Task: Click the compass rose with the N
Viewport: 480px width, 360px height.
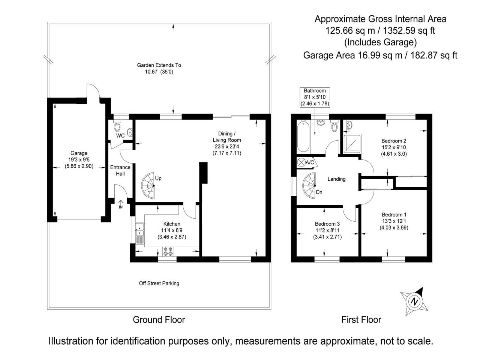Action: click(x=414, y=301)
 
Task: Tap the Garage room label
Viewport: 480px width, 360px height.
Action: click(x=79, y=153)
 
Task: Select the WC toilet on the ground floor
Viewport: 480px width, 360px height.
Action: click(x=117, y=126)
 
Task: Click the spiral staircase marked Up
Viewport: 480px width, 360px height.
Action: click(x=148, y=186)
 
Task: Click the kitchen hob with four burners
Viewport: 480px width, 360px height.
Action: click(x=168, y=251)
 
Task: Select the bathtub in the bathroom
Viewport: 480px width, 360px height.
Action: click(x=303, y=136)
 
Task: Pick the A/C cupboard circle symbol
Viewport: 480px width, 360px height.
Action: click(x=301, y=162)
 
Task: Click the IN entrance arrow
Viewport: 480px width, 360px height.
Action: click(x=121, y=204)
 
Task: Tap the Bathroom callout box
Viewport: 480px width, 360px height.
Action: click(x=315, y=97)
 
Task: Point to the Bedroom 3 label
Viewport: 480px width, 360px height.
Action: click(x=327, y=224)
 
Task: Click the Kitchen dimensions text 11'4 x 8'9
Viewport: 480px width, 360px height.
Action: click(x=172, y=230)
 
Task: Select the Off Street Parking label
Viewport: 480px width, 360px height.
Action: click(x=159, y=283)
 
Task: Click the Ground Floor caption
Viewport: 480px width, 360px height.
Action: click(x=159, y=320)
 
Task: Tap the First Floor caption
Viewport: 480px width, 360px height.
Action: click(x=361, y=320)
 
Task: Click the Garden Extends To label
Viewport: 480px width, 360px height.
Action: click(x=159, y=65)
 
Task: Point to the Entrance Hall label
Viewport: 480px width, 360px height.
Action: click(x=120, y=171)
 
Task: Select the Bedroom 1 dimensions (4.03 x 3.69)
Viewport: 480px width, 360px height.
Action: click(x=394, y=228)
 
